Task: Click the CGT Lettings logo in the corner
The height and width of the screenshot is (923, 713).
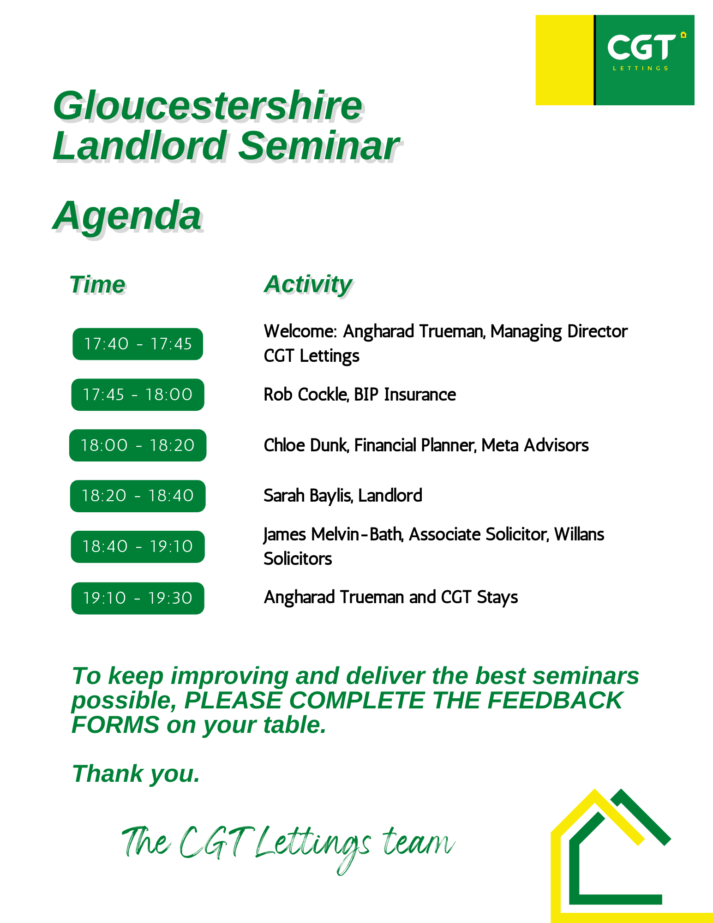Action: pyautogui.click(x=615, y=60)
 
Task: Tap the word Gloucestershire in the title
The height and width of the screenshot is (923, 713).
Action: pyautogui.click(x=208, y=106)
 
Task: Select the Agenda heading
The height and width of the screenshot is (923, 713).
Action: pyautogui.click(x=127, y=216)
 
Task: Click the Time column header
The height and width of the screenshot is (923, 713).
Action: pyautogui.click(x=97, y=284)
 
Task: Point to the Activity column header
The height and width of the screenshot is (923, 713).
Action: pyautogui.click(x=308, y=285)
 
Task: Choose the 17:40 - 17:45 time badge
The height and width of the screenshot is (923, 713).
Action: pyautogui.click(x=138, y=344)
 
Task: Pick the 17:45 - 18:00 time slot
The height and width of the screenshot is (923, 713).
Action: pyautogui.click(x=138, y=395)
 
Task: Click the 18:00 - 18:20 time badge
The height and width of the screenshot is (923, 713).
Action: pyautogui.click(x=138, y=445)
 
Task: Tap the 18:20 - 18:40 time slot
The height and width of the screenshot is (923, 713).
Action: pyautogui.click(x=138, y=496)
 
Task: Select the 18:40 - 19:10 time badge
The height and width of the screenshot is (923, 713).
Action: pyautogui.click(x=138, y=547)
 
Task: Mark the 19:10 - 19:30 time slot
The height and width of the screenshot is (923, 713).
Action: pyautogui.click(x=138, y=598)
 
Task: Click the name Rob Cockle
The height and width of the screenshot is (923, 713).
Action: pyautogui.click(x=306, y=395)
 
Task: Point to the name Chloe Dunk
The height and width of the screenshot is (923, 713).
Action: pyautogui.click(x=306, y=445)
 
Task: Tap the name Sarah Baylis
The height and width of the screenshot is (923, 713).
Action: pyautogui.click(x=308, y=496)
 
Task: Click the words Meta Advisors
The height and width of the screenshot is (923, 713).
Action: pyautogui.click(x=535, y=445)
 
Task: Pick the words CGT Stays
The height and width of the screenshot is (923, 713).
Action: pyautogui.click(x=479, y=597)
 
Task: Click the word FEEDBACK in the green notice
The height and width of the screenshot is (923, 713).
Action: pyautogui.click(x=555, y=701)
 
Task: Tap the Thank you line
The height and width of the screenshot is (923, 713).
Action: pyautogui.click(x=136, y=774)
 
